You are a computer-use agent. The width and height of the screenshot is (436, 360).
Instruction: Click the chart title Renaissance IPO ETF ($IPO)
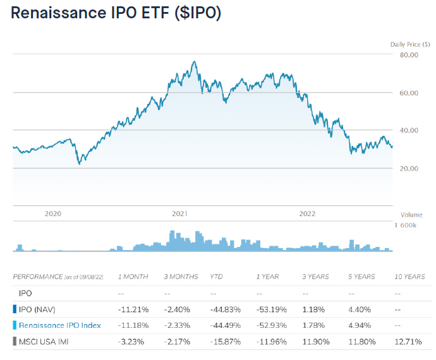[x=116, y=14]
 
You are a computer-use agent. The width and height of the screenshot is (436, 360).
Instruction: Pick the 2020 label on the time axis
[x=53, y=213]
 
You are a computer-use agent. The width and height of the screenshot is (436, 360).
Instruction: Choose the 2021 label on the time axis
[x=180, y=213]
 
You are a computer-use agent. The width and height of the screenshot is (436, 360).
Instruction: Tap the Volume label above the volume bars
[x=411, y=215]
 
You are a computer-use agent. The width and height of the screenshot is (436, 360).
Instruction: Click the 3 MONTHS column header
[x=181, y=277]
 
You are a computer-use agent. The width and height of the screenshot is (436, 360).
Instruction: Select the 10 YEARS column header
[x=409, y=277]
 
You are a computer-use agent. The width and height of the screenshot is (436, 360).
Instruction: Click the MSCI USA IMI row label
[x=45, y=342]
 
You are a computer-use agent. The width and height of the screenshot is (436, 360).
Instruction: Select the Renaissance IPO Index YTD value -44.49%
[x=225, y=325]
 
